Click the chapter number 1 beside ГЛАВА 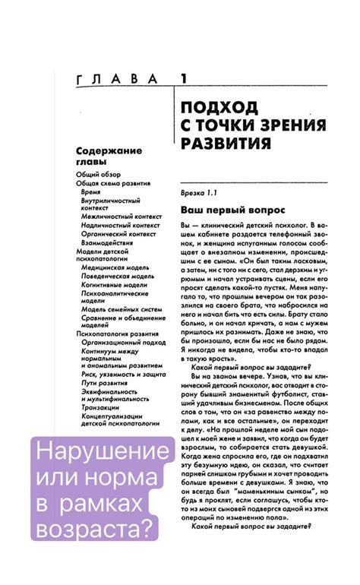183,78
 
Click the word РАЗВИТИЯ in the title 227,144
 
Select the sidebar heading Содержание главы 109,157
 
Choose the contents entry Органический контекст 118,233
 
